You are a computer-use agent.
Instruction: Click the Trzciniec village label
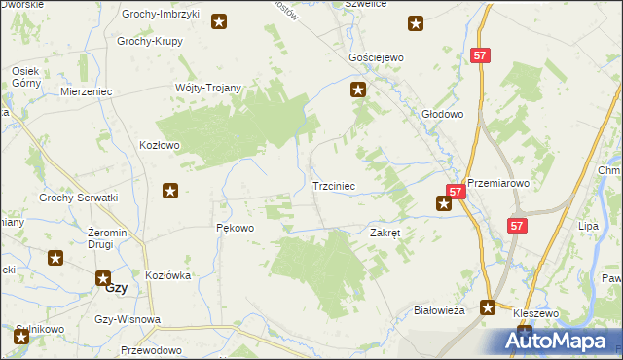point(339,185)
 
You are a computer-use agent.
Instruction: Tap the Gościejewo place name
point(376,58)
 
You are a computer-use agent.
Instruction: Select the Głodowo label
point(442,113)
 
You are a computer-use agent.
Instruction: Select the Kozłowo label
point(161,145)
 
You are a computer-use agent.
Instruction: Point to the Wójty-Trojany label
point(207,87)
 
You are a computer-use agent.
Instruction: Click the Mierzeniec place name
point(87,90)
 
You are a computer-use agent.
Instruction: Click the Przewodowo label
point(152,349)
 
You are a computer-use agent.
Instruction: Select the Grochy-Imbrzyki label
point(158,15)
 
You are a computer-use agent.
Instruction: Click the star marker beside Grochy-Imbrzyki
point(220,21)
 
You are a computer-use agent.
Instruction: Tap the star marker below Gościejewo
point(358,90)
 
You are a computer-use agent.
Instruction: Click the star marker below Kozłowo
point(171,192)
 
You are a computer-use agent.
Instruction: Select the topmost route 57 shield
point(479,56)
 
